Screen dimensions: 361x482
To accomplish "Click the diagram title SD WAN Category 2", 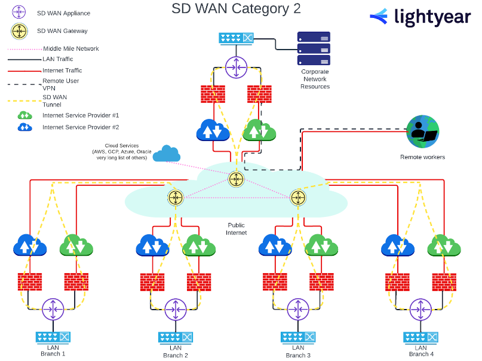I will (236, 9).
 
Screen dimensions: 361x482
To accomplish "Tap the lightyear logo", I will (420, 17).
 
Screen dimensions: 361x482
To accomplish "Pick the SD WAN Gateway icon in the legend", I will (20, 30).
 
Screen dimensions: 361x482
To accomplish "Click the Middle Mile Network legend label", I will (71, 48).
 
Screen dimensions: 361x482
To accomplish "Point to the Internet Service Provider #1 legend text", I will (81, 115).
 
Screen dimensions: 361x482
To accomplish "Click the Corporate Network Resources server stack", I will (314, 48).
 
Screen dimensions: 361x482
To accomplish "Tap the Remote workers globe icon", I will (422, 132).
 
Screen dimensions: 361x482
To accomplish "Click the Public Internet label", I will (237, 229).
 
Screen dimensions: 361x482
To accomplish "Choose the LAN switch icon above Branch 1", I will (53, 337).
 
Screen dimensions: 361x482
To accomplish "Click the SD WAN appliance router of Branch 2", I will (175, 309).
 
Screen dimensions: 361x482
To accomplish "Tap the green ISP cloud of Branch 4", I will (443, 246).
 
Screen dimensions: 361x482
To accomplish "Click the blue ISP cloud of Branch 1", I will (30, 246).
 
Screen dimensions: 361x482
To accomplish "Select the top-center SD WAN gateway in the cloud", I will (236, 178).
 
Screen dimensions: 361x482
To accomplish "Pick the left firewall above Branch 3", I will (275, 282).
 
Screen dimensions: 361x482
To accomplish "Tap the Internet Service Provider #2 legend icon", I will (24, 127).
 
